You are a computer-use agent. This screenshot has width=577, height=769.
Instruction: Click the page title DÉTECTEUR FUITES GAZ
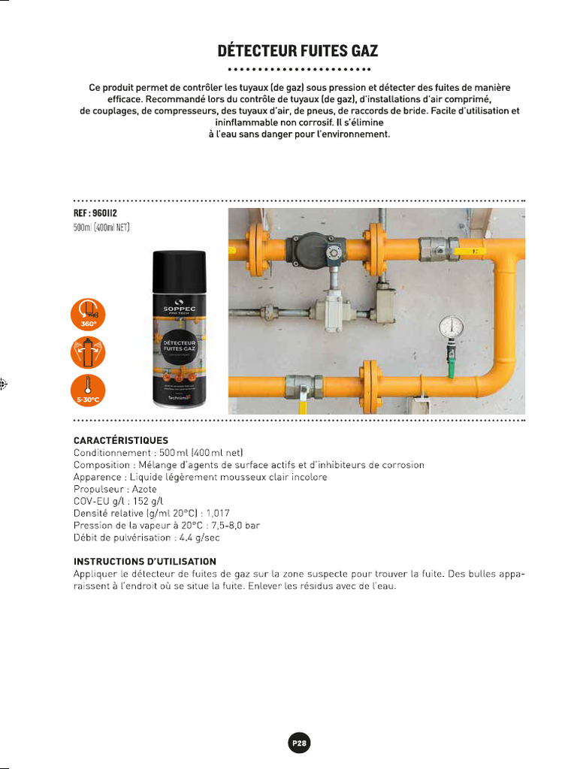pyautogui.click(x=298, y=51)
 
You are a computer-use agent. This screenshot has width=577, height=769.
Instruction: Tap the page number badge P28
pyautogui.click(x=298, y=743)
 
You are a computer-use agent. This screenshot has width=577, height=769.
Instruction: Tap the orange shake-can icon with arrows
pyautogui.click(x=89, y=351)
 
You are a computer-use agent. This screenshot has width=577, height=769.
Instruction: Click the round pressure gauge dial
pyautogui.click(x=451, y=325)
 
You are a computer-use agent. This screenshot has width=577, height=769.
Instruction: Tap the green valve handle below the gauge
pyautogui.click(x=452, y=367)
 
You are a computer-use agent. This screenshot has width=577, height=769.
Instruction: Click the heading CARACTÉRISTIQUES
pyautogui.click(x=121, y=440)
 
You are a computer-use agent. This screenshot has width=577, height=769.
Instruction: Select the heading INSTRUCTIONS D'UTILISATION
pyautogui.click(x=145, y=561)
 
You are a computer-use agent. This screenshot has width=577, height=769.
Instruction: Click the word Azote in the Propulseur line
pyautogui.click(x=144, y=489)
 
